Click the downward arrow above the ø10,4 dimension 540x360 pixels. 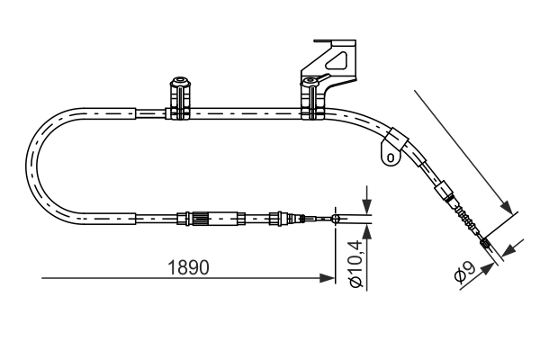pos(366,204)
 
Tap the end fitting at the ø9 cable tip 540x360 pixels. pos(485,241)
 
